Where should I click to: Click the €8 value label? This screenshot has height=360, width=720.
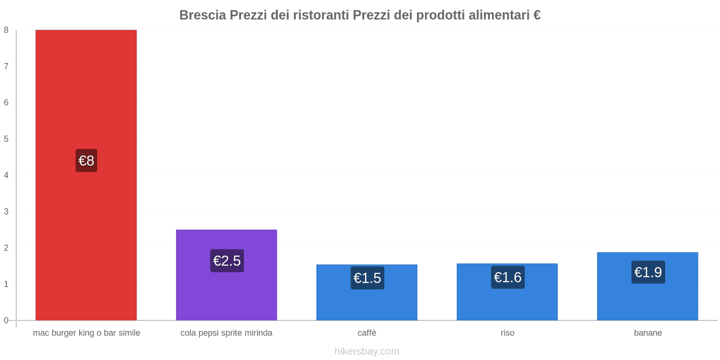pos(86,161)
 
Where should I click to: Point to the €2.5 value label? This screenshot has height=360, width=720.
pos(227,261)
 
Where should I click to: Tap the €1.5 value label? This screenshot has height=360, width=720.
pos(367,278)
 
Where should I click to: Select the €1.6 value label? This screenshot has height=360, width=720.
pos(508,277)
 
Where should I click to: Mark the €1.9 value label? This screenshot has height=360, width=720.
pos(648,272)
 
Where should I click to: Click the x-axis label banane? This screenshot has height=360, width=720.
pos(648,333)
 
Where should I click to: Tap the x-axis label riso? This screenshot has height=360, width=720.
pos(507,333)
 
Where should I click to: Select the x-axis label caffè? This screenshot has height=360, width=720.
pos(367,333)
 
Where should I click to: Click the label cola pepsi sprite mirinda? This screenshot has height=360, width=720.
pos(226,333)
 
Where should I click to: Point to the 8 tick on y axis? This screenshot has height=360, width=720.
pos(6,30)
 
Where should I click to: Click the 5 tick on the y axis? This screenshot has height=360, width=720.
pos(6,139)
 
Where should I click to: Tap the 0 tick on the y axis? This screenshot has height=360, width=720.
pos(6,320)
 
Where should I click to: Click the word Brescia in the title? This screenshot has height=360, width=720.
pos(202,15)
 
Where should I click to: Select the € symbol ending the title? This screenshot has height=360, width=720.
pos(536,15)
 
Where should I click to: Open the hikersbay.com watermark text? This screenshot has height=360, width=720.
pos(367,351)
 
